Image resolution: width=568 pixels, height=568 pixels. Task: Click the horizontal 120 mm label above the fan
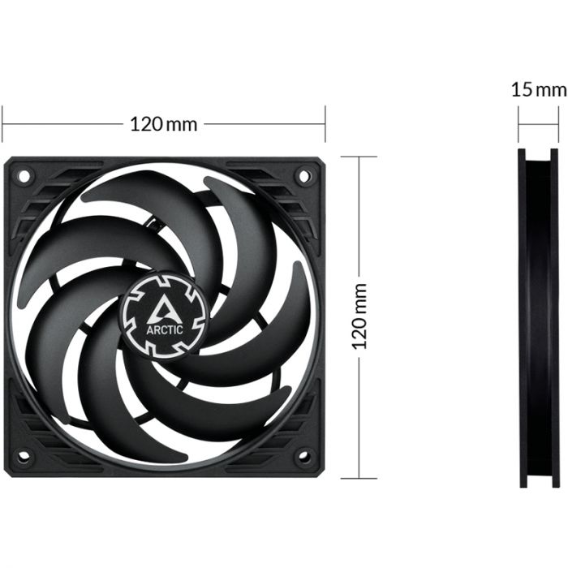click(x=164, y=125)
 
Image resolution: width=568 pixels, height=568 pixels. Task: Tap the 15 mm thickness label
click(x=539, y=88)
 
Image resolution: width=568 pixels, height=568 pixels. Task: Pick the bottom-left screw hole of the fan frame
click(x=24, y=455)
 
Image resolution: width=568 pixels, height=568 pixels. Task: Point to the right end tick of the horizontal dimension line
click(x=325, y=125)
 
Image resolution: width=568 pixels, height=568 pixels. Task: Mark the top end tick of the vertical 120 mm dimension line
click(x=359, y=157)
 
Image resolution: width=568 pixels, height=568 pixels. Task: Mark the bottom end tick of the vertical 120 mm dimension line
click(x=359, y=478)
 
